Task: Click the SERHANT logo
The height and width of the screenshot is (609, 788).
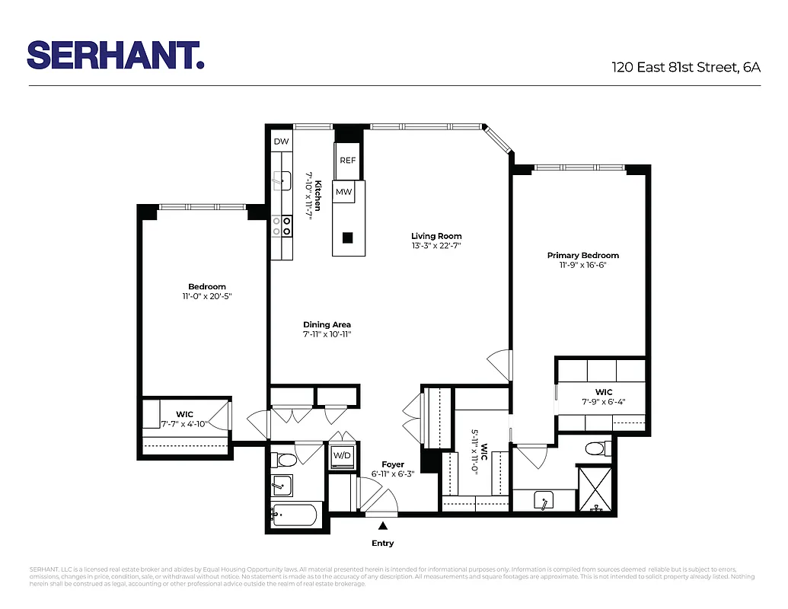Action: pos(115,55)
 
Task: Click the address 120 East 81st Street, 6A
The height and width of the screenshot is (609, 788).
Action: pos(686,67)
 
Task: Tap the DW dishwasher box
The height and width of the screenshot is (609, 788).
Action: pos(281,142)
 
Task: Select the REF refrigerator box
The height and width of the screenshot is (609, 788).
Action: pos(347,161)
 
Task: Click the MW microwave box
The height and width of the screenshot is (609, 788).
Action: pos(344,192)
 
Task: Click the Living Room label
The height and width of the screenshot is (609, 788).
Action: pos(436,236)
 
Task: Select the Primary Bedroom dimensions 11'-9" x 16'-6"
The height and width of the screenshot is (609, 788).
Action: pos(582,265)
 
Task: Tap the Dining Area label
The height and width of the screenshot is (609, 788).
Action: pos(327,324)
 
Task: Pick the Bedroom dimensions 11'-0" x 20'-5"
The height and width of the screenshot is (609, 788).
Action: pos(207,295)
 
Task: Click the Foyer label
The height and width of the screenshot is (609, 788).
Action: pos(393,464)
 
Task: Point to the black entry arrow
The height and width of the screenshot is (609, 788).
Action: pos(383,525)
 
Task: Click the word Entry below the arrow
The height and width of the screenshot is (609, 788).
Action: pos(383,543)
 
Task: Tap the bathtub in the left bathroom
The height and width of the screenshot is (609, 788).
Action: pos(295,515)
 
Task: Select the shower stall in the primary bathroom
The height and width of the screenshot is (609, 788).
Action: pos(595,489)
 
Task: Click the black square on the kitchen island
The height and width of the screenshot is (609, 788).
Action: pos(347,237)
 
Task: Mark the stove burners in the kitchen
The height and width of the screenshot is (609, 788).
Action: pos(282,226)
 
